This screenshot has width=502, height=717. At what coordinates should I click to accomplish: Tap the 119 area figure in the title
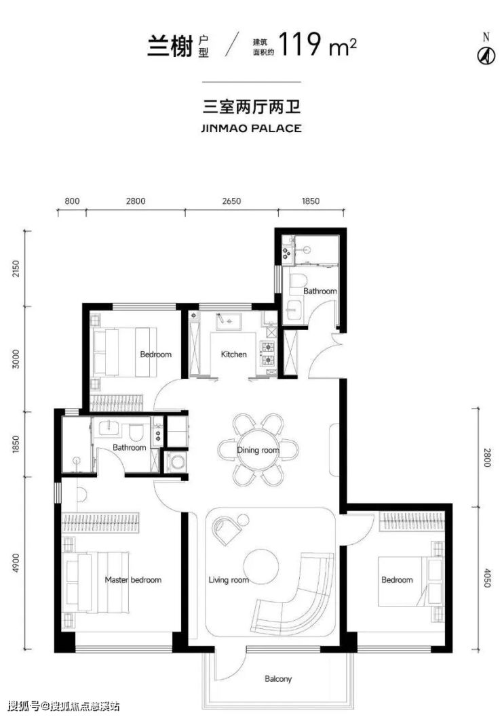pyautogui.click(x=299, y=44)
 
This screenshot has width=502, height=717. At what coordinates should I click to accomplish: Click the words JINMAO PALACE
pyautogui.click(x=251, y=129)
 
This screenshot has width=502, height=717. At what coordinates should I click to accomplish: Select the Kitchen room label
pyautogui.click(x=233, y=354)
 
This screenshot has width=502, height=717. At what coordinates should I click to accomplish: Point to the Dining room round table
pyautogui.click(x=258, y=450)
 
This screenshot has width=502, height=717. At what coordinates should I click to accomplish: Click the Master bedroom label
pyautogui.click(x=133, y=580)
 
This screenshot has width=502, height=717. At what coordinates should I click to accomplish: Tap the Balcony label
pyautogui.click(x=277, y=679)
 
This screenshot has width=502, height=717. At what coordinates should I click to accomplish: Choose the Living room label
pyautogui.click(x=229, y=580)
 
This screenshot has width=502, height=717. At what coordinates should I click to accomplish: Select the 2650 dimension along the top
pyautogui.click(x=231, y=201)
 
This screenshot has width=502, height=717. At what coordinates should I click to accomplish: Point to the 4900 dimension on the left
pyautogui.click(x=16, y=563)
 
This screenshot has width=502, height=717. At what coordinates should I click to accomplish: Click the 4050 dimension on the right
pyautogui.click(x=486, y=578)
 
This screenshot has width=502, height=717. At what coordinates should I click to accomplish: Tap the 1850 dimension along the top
pyautogui.click(x=310, y=201)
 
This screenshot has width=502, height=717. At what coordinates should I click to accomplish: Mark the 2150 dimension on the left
pyautogui.click(x=16, y=270)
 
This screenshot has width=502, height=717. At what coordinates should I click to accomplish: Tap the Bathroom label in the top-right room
pyautogui.click(x=320, y=291)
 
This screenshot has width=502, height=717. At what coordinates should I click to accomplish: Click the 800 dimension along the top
pyautogui.click(x=72, y=201)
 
